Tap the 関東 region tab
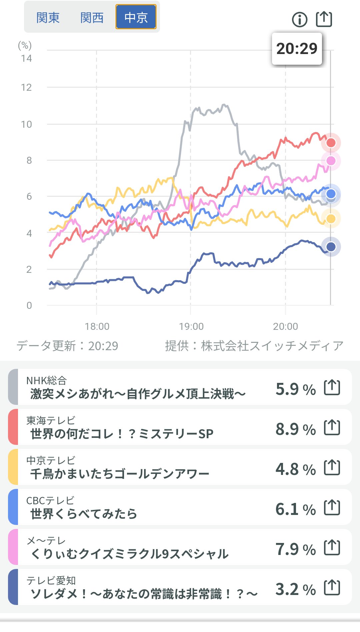(x=48, y=18)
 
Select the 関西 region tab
(x=92, y=18)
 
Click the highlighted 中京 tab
(x=136, y=17)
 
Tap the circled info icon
(x=299, y=19)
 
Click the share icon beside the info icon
(x=324, y=19)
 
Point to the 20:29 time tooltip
(x=297, y=49)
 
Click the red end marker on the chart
(x=331, y=143)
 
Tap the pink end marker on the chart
(x=331, y=161)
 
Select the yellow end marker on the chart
(x=331, y=219)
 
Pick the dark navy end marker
(x=331, y=247)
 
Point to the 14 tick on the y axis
(x=26, y=59)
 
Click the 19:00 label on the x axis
(x=191, y=327)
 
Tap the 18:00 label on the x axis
(x=97, y=327)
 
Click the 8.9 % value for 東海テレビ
(x=295, y=429)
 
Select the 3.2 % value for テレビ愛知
(x=295, y=589)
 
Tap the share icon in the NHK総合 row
(x=332, y=388)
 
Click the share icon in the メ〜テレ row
(x=332, y=548)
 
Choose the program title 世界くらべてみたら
(x=84, y=514)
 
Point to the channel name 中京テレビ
(x=51, y=461)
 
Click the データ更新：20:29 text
(x=67, y=346)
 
